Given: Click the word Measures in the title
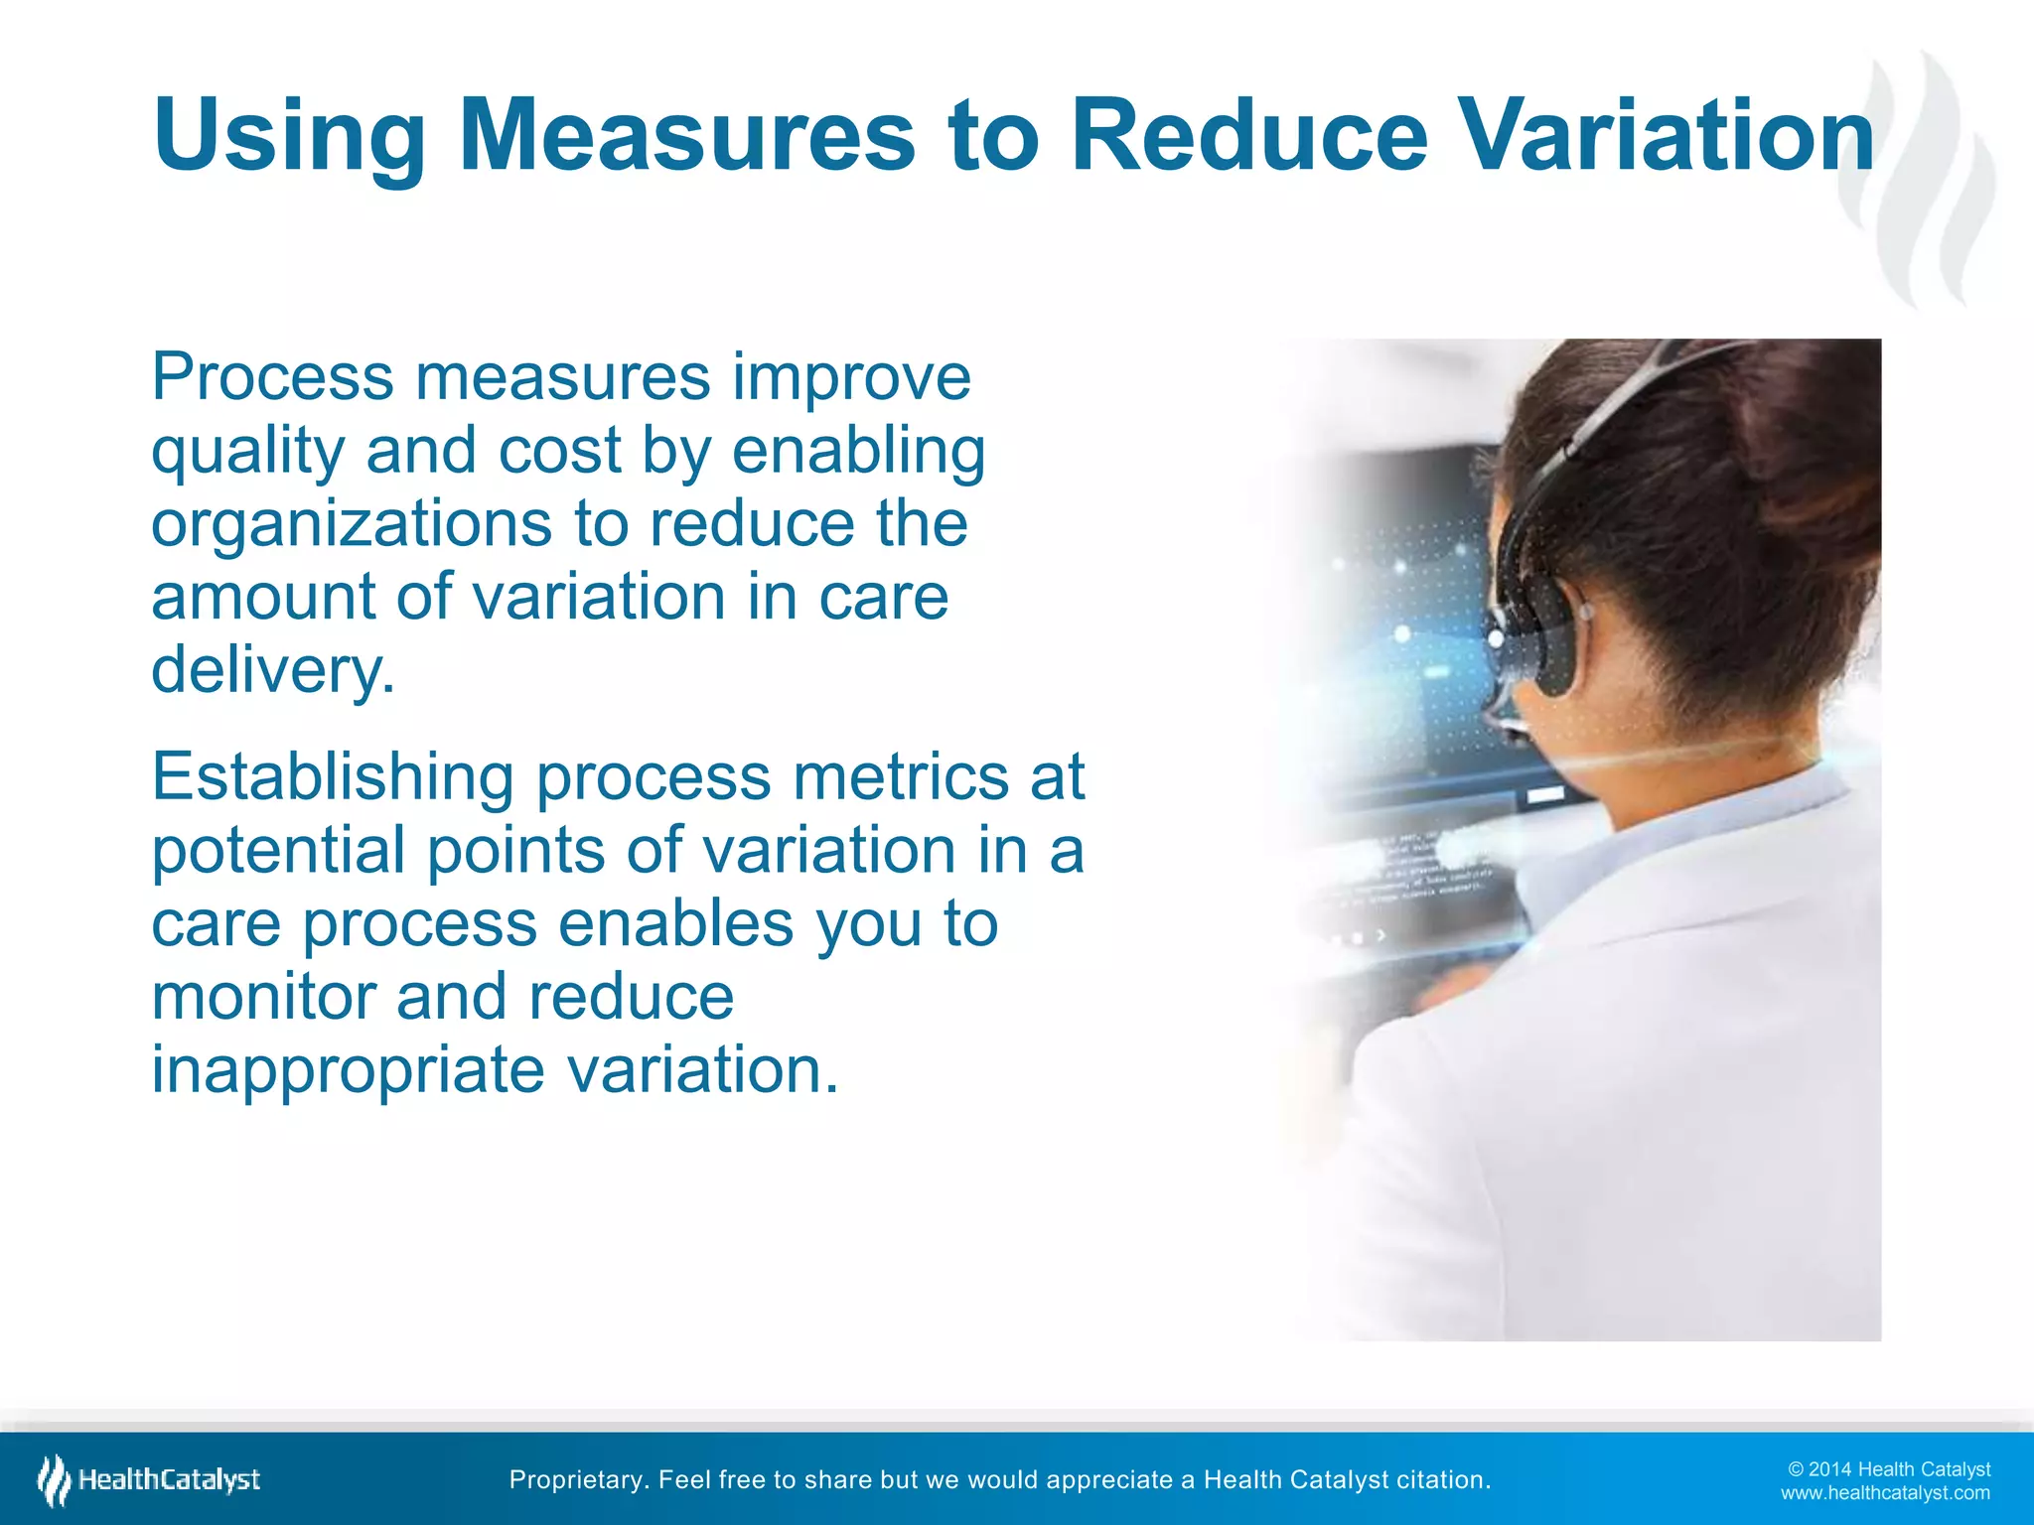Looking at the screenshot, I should pos(686,135).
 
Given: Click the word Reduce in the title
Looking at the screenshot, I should pos(1249,135).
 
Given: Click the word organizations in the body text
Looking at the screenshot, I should pos(351,525).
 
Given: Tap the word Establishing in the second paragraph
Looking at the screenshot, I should pos(332,777).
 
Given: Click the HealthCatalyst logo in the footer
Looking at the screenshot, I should pos(149,1480).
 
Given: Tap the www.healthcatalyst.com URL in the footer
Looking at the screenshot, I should pos(1884,1493).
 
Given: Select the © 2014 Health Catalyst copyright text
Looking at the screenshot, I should pos(1888,1469).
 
